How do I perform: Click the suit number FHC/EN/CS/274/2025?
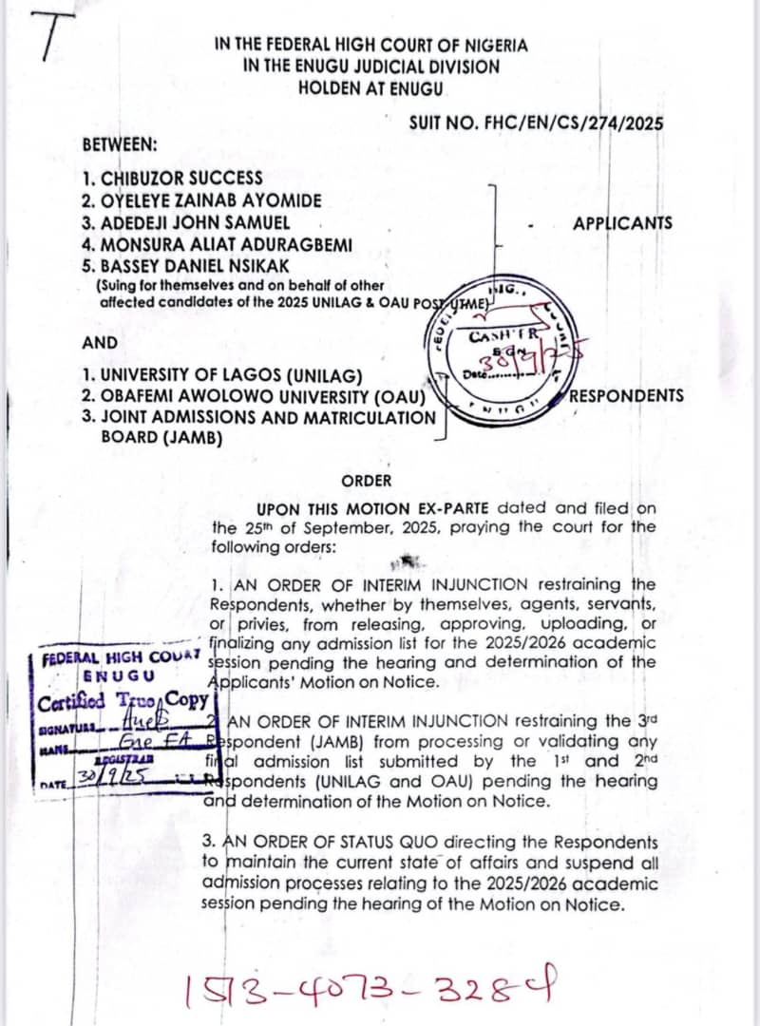coord(536,123)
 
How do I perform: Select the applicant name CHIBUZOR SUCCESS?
coord(172,178)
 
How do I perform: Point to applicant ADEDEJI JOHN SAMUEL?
coord(185,222)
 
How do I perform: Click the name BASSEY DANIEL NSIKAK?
coord(185,265)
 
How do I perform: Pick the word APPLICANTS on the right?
coord(622,223)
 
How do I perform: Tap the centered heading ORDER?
coord(366,482)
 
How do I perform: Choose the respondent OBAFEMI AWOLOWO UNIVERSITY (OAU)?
coord(258,396)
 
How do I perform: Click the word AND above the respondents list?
coord(100,343)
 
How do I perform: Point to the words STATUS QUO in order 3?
coord(359,843)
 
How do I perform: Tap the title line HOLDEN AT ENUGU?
coord(370,87)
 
